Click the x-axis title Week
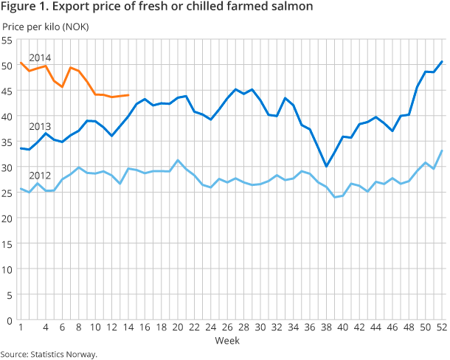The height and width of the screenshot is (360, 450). point(226,341)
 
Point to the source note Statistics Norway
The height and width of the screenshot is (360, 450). point(49,354)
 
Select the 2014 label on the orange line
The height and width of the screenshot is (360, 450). point(39,58)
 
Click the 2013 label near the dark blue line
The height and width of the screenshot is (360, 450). point(39,125)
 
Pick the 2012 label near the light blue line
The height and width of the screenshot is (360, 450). point(39,176)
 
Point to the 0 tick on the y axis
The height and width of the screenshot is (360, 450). point(10,320)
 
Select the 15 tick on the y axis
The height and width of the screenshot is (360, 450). point(7,243)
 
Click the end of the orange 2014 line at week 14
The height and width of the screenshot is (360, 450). point(128,94)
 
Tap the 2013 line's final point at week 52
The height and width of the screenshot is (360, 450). point(441,61)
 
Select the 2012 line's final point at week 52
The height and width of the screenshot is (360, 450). point(441,150)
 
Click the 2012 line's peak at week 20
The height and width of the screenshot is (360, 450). point(178,160)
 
